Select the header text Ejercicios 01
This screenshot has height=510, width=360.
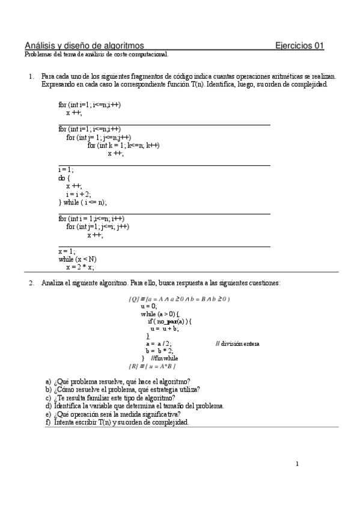(x=299, y=45)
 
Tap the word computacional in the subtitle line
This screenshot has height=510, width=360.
(x=149, y=54)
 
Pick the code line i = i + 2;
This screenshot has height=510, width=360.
(x=79, y=194)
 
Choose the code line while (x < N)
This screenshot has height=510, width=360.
(x=78, y=259)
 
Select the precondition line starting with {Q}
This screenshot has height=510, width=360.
(x=180, y=299)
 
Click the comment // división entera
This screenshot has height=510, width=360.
(x=237, y=343)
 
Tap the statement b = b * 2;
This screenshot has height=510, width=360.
(x=159, y=351)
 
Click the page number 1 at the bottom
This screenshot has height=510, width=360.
(x=297, y=464)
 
